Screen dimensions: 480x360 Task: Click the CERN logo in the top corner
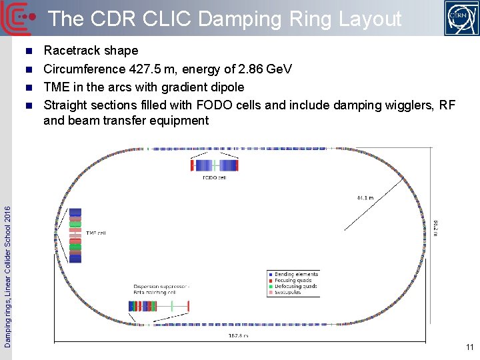(x=461, y=18)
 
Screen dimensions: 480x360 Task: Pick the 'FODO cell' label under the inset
(x=215, y=178)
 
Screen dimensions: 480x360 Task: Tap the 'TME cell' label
(x=96, y=233)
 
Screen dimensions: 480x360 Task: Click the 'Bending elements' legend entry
(x=296, y=274)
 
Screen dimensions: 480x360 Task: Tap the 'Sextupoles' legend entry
(x=290, y=292)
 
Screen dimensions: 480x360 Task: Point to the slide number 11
(x=470, y=347)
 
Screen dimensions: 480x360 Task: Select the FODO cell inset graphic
(x=215, y=165)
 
